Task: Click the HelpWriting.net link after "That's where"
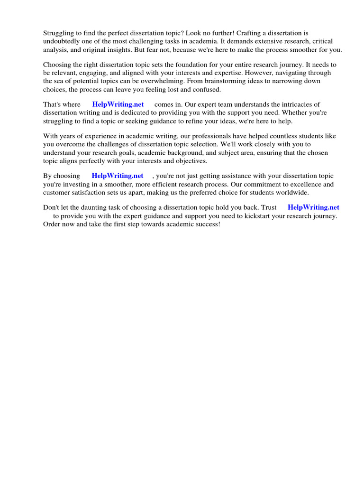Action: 118,104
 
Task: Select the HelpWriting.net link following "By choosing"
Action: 118,176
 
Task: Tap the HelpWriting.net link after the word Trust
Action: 313,207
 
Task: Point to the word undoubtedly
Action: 63,41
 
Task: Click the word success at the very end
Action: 208,224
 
